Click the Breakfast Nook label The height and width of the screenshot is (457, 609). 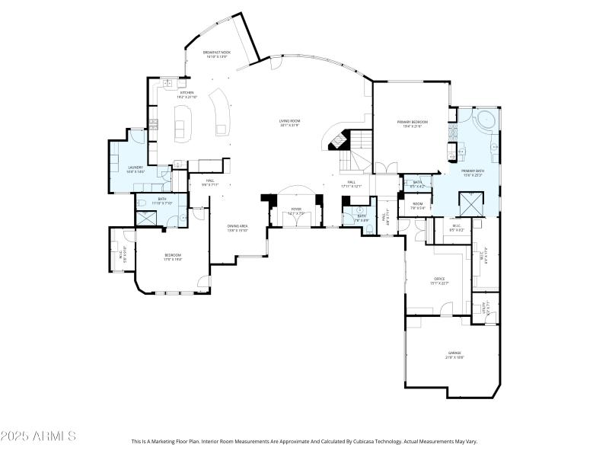216,53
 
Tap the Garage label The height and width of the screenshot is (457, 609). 454,354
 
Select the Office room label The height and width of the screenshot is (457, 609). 439,280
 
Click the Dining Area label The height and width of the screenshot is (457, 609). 238,227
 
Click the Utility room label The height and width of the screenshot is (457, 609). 486,308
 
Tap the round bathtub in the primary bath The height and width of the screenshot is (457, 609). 484,120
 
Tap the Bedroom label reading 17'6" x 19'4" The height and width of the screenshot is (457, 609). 173,257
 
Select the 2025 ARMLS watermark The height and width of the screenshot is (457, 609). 38,436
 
